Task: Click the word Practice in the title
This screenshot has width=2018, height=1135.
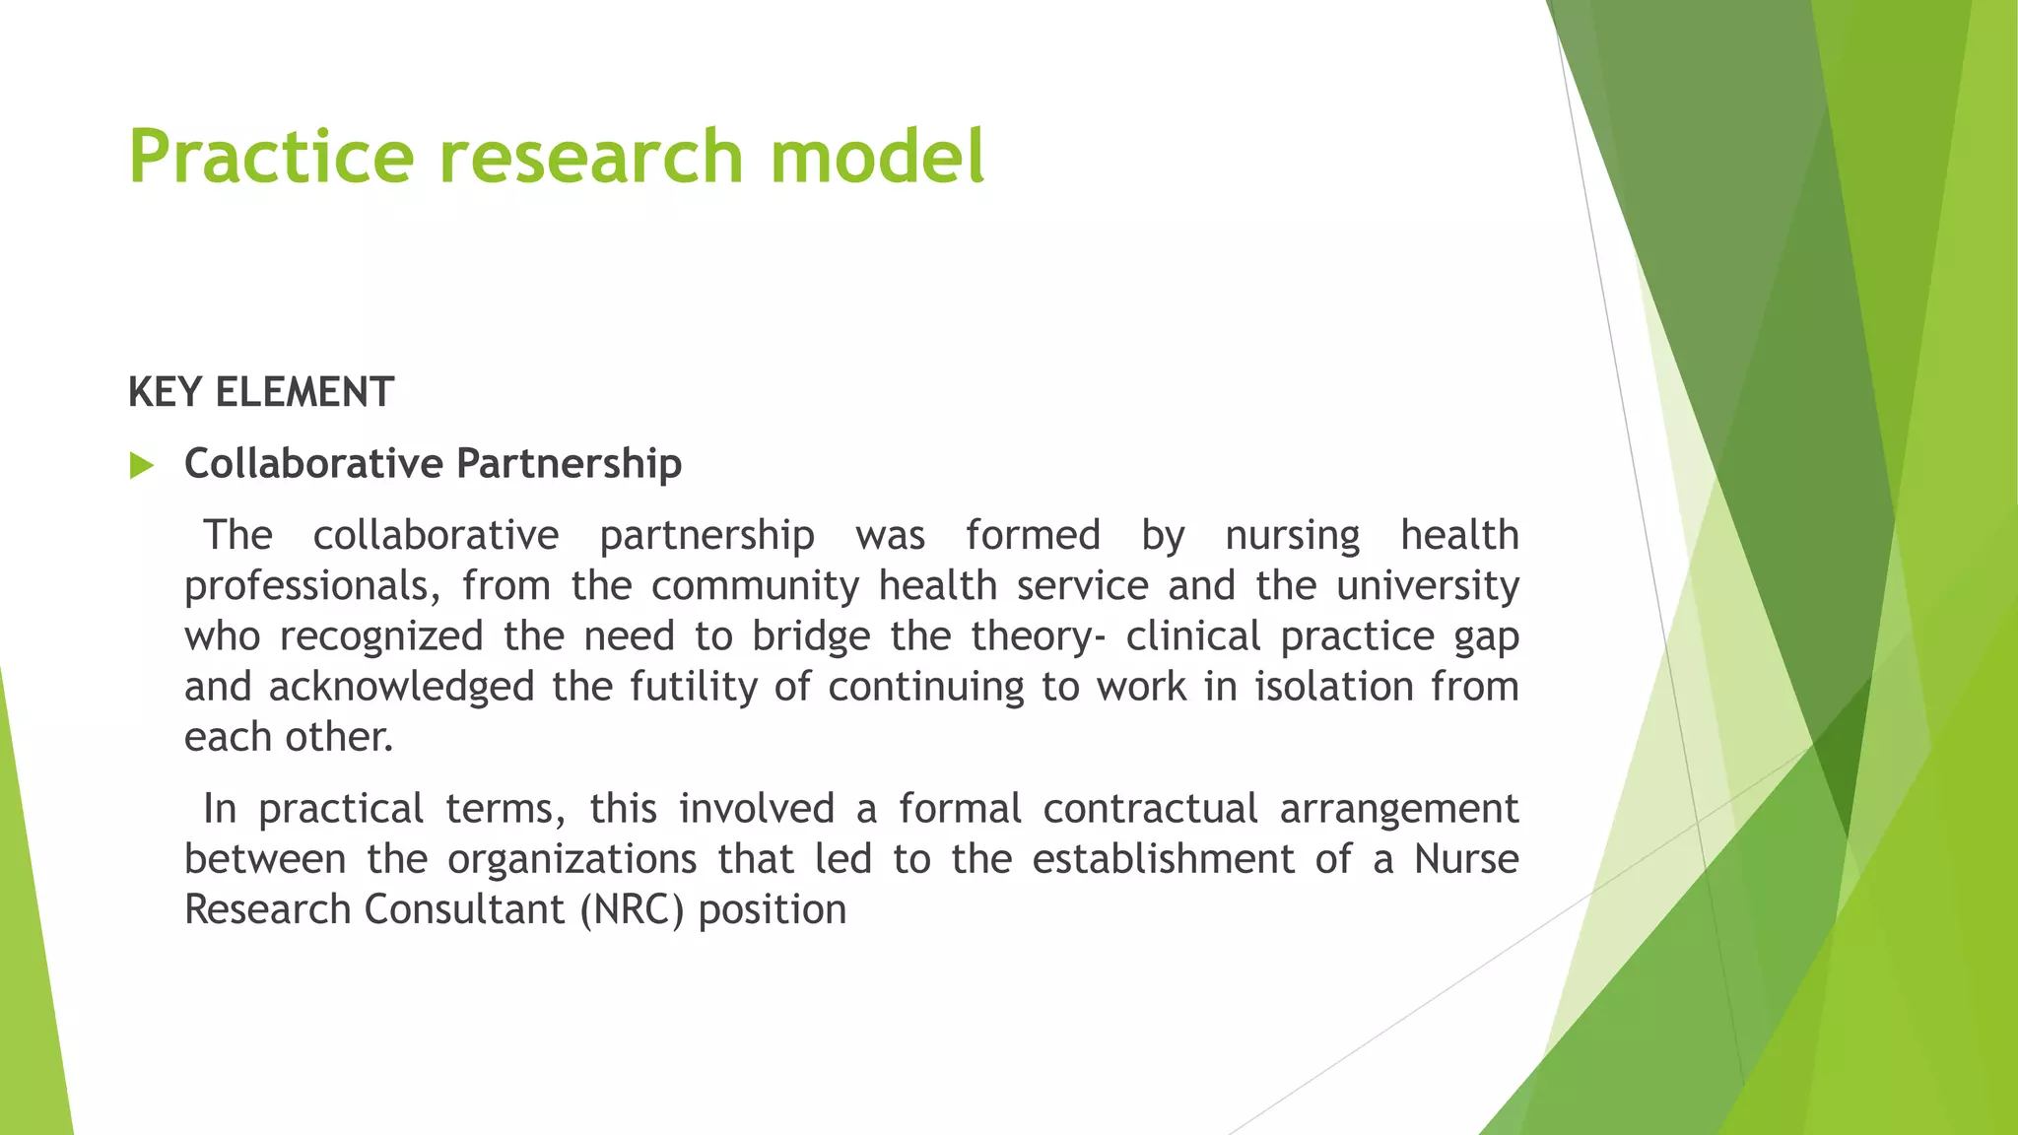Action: point(271,157)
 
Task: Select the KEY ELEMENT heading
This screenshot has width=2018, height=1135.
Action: point(261,392)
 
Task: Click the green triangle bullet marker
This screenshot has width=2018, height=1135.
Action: point(142,465)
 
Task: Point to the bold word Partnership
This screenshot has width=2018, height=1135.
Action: point(569,464)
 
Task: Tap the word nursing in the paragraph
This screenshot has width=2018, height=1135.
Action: point(1292,536)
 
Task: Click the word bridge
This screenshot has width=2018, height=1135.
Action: point(811,636)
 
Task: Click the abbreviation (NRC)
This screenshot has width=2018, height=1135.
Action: point(631,909)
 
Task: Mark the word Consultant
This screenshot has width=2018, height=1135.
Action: point(464,909)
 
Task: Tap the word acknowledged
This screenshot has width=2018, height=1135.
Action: point(401,687)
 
